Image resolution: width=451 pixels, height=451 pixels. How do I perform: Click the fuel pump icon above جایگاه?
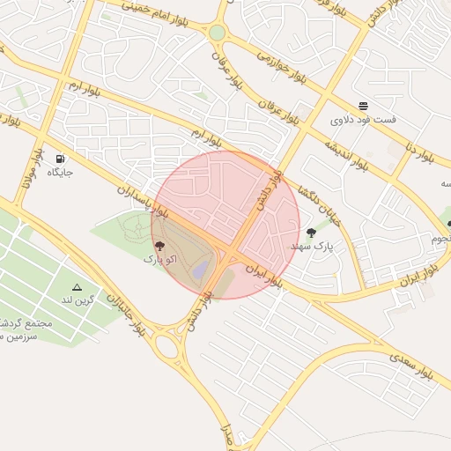tap(59, 159)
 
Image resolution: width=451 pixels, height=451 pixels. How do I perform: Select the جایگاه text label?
tap(59, 172)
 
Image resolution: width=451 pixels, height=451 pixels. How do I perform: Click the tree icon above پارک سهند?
tap(311, 233)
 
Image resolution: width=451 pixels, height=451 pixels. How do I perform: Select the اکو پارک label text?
tap(159, 261)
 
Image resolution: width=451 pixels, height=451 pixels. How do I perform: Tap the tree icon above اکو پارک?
tap(159, 246)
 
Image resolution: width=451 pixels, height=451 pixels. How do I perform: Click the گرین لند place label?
tap(78, 301)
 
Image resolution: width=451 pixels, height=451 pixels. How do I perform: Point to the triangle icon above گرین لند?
tap(78, 288)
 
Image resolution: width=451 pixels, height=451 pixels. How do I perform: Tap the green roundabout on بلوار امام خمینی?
tap(217, 33)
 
